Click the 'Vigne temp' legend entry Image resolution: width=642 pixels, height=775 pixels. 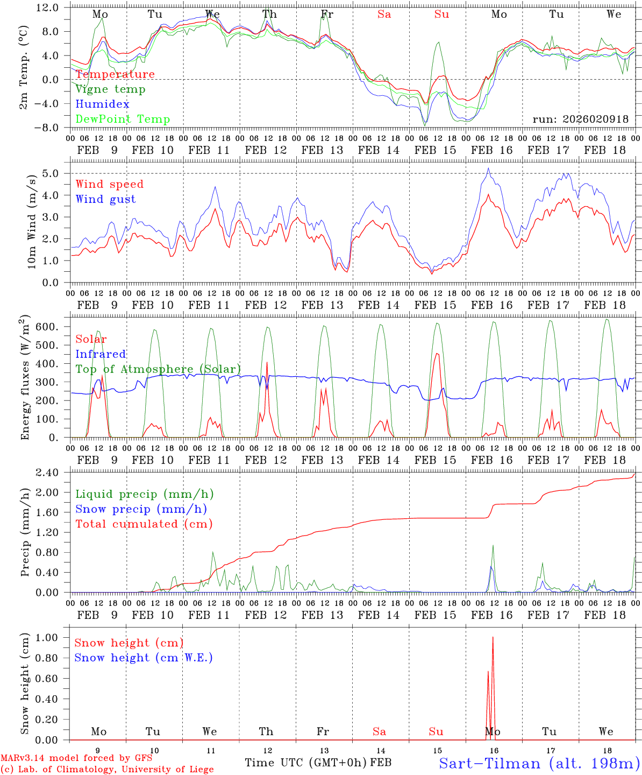pyautogui.click(x=110, y=89)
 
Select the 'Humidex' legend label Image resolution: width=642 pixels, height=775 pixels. pyautogui.click(x=102, y=104)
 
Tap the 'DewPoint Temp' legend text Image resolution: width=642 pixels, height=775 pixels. pyautogui.click(x=123, y=119)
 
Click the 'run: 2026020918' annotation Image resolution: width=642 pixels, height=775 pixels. pyautogui.click(x=581, y=119)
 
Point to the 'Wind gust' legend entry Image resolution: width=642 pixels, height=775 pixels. pyautogui.click(x=105, y=199)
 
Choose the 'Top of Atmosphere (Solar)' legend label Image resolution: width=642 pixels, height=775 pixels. pyautogui.click(x=158, y=369)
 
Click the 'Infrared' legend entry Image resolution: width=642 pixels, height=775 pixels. pyautogui.click(x=101, y=354)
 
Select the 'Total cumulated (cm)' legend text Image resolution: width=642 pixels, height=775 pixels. pyautogui.click(x=144, y=524)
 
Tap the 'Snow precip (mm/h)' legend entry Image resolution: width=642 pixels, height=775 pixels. pyautogui.click(x=141, y=509)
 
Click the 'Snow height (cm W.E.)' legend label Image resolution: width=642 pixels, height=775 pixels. pyautogui.click(x=144, y=658)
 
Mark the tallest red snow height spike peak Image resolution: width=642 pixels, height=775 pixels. pyautogui.click(x=493, y=638)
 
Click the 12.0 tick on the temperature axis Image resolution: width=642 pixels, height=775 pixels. pyautogui.click(x=47, y=8)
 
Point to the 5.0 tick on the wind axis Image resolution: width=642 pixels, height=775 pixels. pyautogui.click(x=50, y=173)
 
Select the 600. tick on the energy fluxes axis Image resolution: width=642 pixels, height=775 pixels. pyautogui.click(x=46, y=327)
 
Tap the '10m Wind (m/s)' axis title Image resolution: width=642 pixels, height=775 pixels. pyautogui.click(x=32, y=221)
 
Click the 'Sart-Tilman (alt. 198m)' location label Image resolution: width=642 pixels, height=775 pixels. pyautogui.click(x=539, y=763)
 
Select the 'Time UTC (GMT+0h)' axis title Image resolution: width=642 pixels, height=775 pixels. pyautogui.click(x=306, y=763)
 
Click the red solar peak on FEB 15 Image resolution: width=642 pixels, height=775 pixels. pyautogui.click(x=437, y=354)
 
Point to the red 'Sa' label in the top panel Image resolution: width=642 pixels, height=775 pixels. pyautogui.click(x=384, y=15)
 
